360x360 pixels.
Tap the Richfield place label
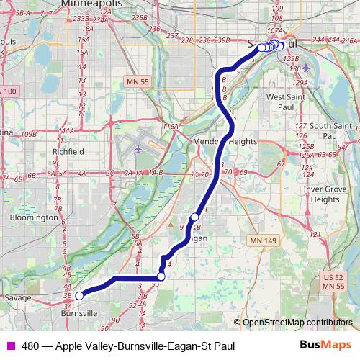pos(68,152)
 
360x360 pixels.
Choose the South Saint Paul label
pos(330,131)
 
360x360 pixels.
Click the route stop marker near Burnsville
pos(79,294)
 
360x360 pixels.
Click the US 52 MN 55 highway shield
pos(333,282)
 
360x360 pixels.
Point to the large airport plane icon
pos(139,149)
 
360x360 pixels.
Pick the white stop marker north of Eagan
pos(194,217)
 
